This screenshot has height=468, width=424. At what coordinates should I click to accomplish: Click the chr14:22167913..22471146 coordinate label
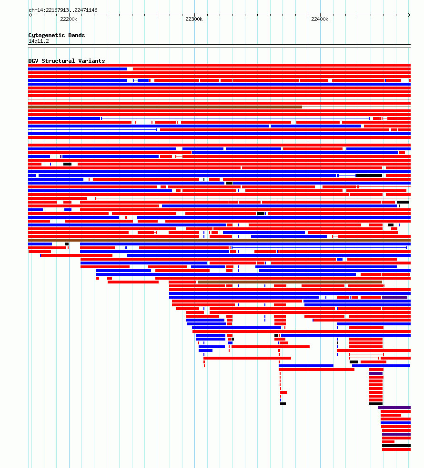[x=63, y=10]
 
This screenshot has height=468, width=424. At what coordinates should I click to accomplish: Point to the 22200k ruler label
[x=69, y=19]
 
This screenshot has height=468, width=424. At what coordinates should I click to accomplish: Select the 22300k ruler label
[x=194, y=19]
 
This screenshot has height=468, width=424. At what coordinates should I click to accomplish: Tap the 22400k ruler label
[x=320, y=19]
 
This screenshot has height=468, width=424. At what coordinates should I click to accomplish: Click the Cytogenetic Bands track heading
[x=57, y=35]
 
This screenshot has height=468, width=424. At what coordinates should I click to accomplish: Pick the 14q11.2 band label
[x=39, y=41]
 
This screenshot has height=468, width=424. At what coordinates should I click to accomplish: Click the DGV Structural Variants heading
[x=67, y=61]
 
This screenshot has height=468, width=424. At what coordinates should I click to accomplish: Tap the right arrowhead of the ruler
[x=409, y=15]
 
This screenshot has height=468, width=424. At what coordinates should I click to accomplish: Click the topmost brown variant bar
[x=165, y=107]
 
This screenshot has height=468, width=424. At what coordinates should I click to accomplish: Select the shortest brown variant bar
[x=290, y=282]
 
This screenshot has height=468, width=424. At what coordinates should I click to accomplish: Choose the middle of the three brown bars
[x=219, y=240]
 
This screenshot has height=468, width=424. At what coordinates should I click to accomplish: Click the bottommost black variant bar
[x=396, y=446]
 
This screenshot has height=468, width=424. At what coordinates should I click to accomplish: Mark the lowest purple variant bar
[x=396, y=434]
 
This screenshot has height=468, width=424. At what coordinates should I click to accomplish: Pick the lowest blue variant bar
[x=395, y=423]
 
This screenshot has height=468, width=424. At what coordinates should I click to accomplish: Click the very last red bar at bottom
[x=396, y=449]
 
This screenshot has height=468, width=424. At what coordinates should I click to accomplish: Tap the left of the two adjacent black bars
[x=363, y=175]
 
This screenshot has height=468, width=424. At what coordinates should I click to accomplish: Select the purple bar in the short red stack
[x=376, y=373]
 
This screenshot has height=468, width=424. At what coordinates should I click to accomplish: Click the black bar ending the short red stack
[x=376, y=404]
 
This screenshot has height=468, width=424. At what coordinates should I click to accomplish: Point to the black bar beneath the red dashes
[x=283, y=404]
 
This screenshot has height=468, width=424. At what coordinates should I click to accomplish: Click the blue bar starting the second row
[x=78, y=69]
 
